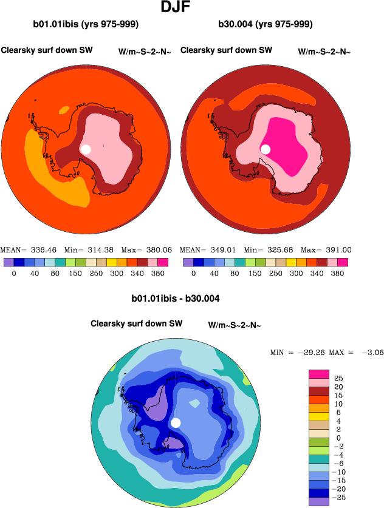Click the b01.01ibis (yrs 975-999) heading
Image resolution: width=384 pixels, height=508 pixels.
pos(86,25)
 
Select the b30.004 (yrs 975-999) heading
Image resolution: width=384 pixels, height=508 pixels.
pos(265,25)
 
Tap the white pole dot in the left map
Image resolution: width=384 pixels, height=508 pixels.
pos(86,149)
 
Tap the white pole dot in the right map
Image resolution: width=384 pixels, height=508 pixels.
pos(266,149)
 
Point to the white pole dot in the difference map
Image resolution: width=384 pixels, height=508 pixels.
pos(176,423)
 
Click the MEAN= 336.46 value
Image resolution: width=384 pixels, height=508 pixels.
pos(22,249)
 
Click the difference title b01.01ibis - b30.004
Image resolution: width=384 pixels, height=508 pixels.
pos(176,299)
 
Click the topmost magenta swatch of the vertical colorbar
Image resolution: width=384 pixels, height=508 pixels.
pos(319,374)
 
